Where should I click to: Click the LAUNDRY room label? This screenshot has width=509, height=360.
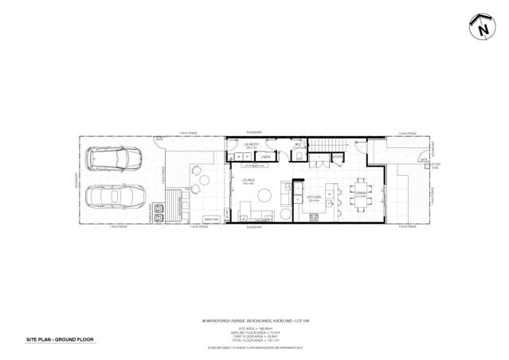click(x=253, y=144)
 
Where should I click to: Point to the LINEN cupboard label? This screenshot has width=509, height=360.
click(x=266, y=158)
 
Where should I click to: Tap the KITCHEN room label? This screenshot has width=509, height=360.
click(x=313, y=198)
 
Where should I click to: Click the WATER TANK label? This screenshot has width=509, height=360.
click(x=211, y=219)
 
